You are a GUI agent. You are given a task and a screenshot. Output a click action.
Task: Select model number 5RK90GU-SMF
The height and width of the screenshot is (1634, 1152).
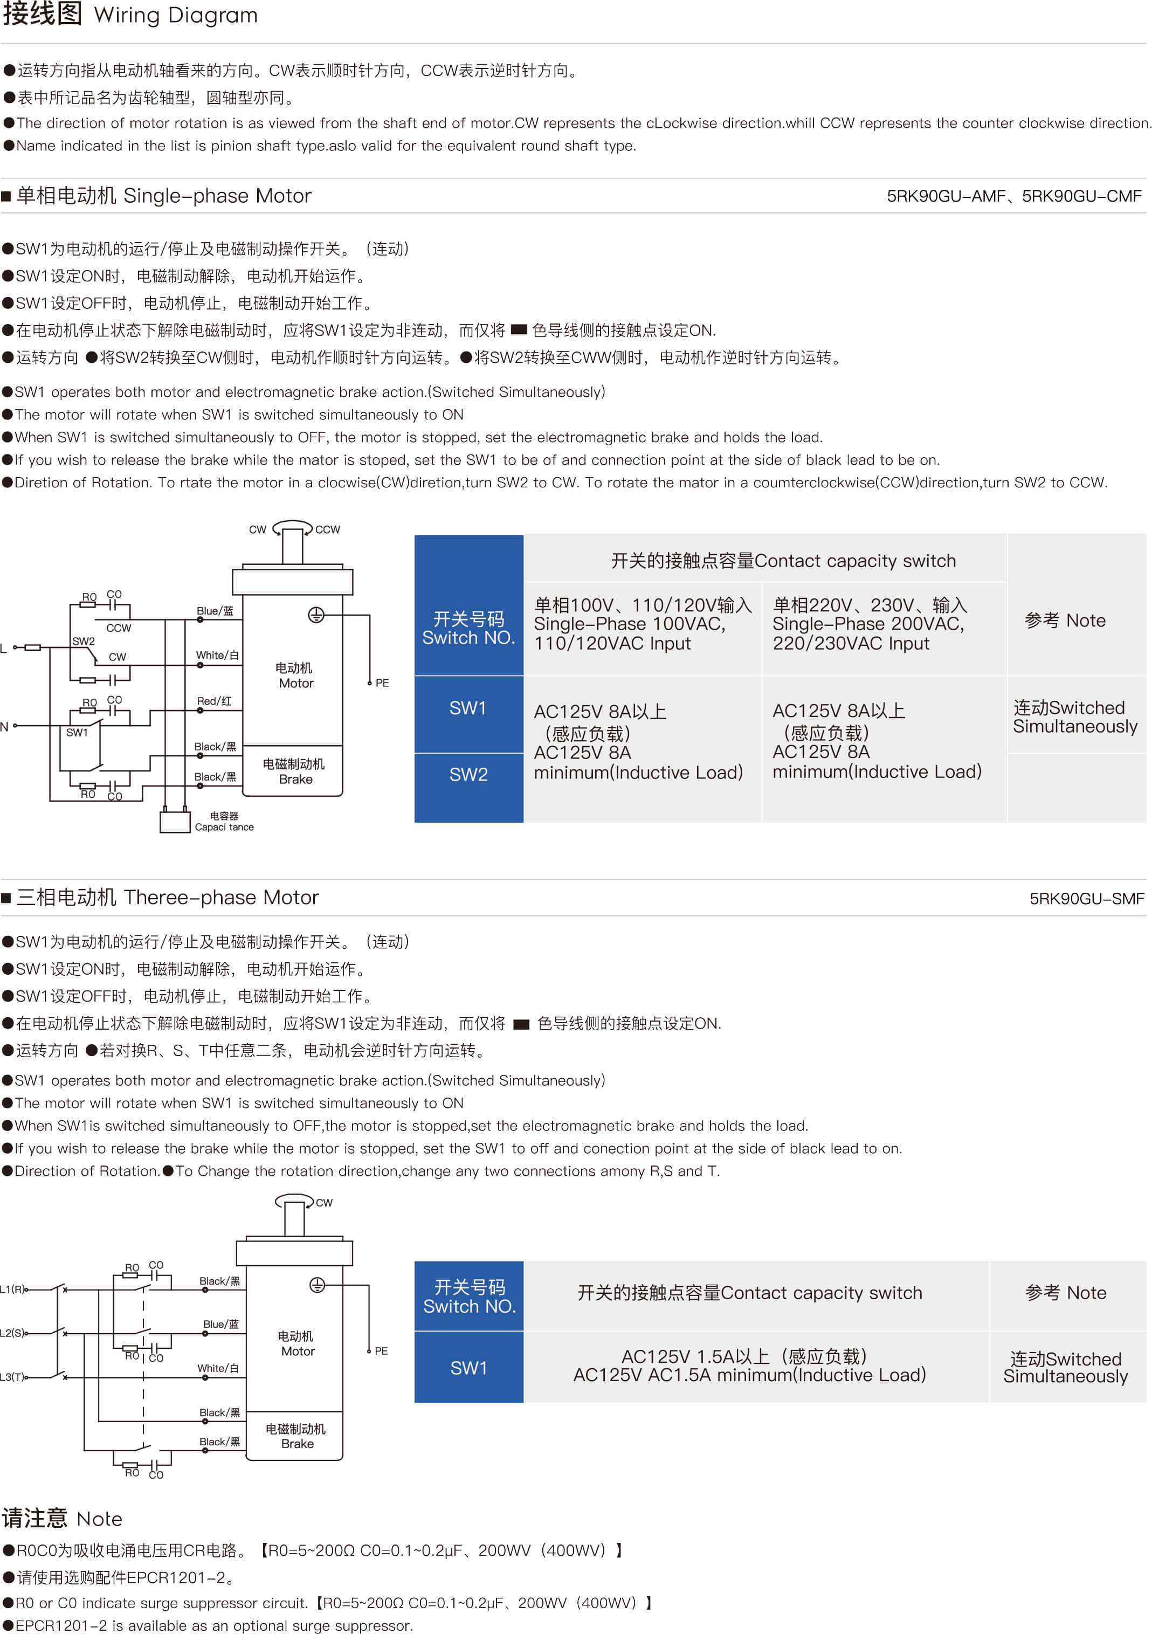(1087, 899)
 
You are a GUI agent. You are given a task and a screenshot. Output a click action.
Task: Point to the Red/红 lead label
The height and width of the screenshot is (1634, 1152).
(214, 701)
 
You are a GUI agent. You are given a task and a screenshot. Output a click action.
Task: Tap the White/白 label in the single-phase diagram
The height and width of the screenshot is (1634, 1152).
(217, 655)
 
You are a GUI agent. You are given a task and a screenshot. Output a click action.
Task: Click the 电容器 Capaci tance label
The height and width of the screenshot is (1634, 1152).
(224, 821)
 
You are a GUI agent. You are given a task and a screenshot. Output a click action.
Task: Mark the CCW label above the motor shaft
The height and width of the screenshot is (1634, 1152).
(327, 529)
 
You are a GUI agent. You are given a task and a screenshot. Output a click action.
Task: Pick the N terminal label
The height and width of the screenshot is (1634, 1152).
(4, 727)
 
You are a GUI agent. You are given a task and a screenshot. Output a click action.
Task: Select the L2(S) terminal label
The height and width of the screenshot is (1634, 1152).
(12, 1333)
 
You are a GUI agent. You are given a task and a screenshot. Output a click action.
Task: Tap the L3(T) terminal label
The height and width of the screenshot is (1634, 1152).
(12, 1377)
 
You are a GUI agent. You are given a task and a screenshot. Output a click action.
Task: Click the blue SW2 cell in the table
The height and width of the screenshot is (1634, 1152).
(468, 787)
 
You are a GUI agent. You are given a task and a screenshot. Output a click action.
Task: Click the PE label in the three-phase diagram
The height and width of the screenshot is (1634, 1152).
(381, 1351)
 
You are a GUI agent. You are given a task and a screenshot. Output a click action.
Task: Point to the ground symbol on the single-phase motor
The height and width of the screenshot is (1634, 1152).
(316, 615)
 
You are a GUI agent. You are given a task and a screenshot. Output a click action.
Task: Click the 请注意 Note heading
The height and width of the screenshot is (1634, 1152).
(62, 1518)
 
